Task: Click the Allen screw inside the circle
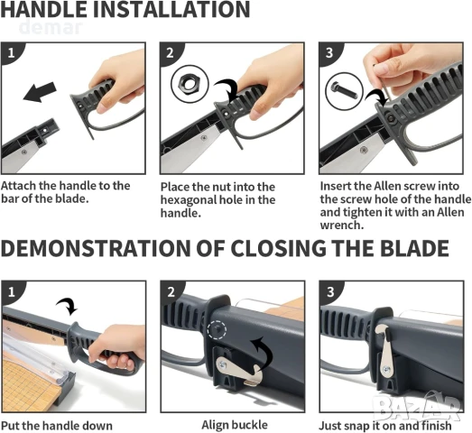[x=345, y=90]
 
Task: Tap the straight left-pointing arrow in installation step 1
[x=40, y=92]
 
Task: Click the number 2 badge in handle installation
[x=171, y=53]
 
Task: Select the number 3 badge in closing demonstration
[x=330, y=291]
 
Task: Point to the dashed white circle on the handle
[x=217, y=330]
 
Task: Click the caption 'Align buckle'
[x=235, y=425]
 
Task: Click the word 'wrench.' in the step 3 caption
[x=342, y=225]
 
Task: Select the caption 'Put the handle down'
[x=57, y=426]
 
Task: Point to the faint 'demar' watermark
[x=51, y=27]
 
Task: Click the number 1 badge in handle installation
[x=12, y=53]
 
